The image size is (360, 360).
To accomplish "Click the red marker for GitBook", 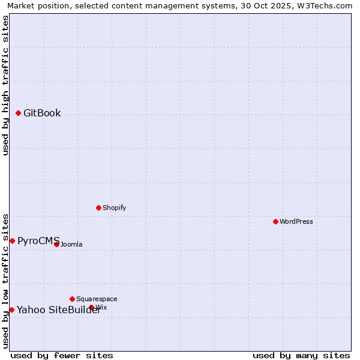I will tap(18, 113).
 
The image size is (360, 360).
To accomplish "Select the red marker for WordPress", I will tap(275, 221).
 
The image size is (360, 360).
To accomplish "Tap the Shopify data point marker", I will tap(98, 208).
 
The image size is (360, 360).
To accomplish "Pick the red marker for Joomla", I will tap(56, 244).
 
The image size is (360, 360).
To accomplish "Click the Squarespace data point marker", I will tap(72, 299).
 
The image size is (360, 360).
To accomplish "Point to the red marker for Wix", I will tap(92, 307).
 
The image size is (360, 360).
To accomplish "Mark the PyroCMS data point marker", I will tap(12, 241).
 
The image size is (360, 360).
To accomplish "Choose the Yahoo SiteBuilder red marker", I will tap(11, 310).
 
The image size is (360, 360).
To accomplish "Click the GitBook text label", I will tap(42, 113).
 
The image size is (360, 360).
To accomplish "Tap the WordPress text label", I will tap(296, 221).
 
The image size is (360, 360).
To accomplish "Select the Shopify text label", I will tap(114, 208).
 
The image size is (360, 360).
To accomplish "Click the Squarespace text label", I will tap(97, 299).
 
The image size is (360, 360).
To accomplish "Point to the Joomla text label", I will tap(71, 244).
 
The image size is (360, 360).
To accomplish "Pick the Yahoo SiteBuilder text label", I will tap(58, 310).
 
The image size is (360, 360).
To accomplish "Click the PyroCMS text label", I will tap(38, 241).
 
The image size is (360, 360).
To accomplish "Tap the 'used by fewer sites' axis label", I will tap(62, 355).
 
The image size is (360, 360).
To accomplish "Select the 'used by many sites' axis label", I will tap(301, 355).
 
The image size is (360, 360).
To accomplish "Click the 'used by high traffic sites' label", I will tap(5, 85).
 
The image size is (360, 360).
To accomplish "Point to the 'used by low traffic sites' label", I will tap(5, 280).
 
